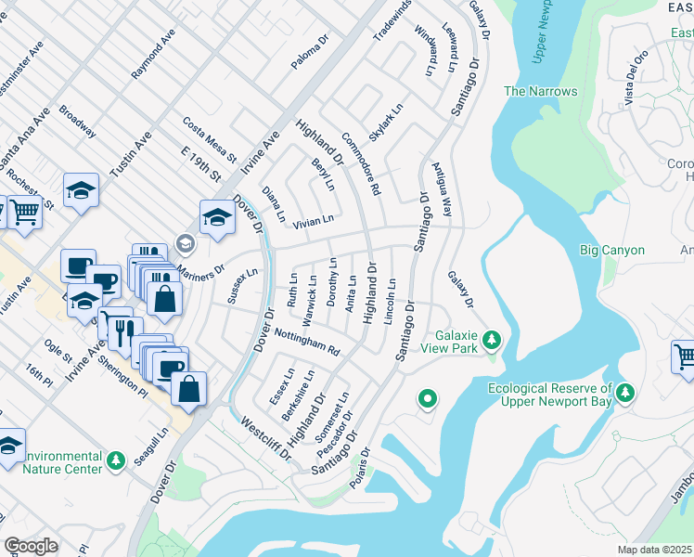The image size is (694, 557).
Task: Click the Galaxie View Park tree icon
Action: pos(492,341)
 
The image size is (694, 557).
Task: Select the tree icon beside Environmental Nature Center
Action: pos(116,461)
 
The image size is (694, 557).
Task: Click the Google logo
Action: pos(31,546)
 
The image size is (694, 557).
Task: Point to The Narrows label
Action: pos(540,91)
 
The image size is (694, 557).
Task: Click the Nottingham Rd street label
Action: pos(307,342)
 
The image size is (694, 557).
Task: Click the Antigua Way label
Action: pos(441,190)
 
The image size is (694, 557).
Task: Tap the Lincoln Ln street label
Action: pos(392,301)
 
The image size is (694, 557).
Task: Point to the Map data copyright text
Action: pos(654,550)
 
